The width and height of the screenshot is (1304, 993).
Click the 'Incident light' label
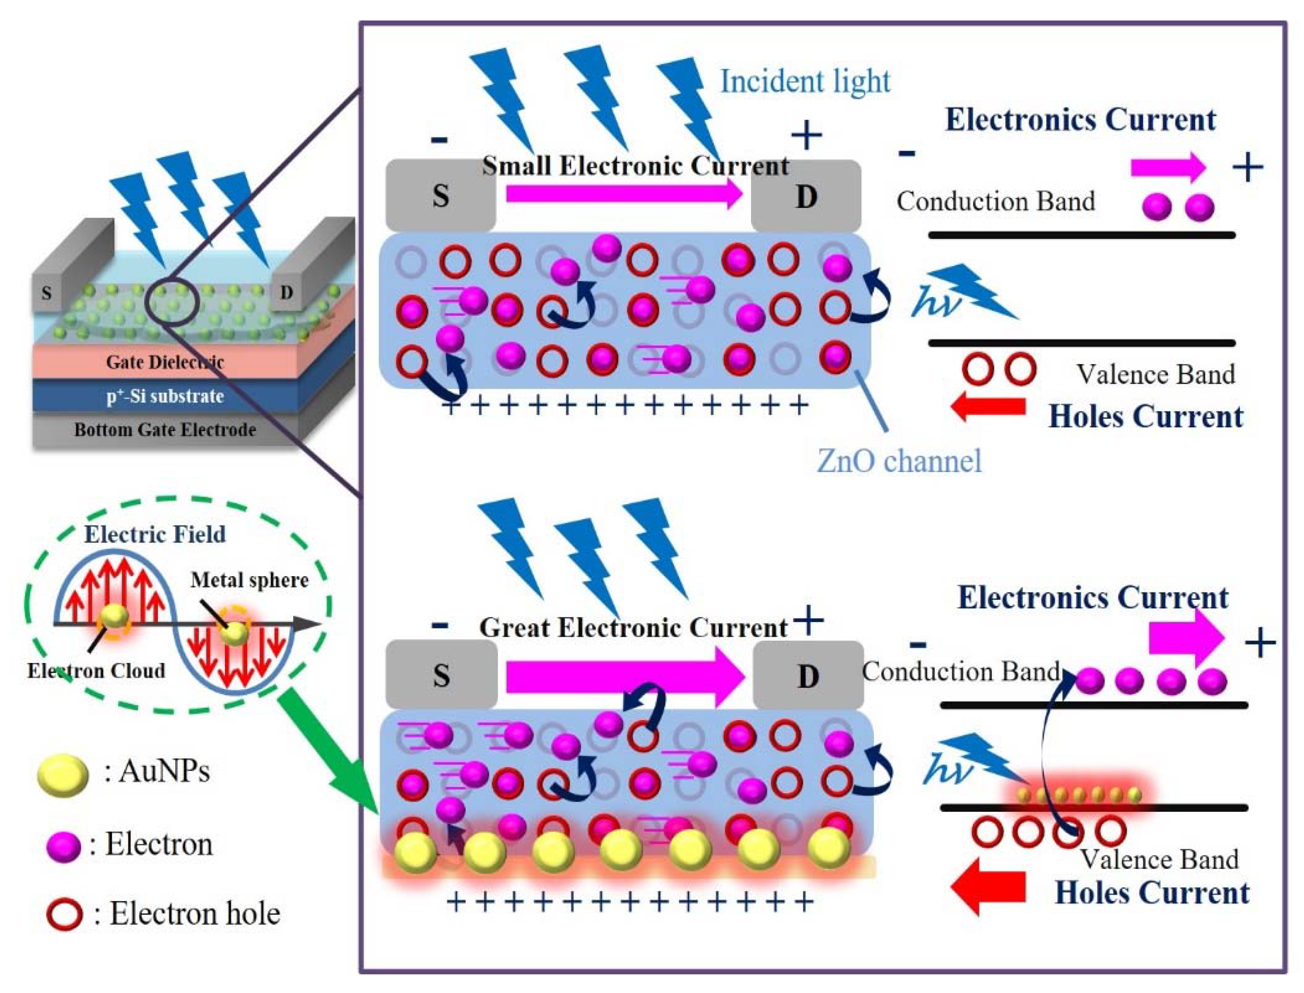[805, 81]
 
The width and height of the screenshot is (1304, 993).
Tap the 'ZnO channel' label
[898, 461]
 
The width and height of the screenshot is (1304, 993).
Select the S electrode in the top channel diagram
[441, 196]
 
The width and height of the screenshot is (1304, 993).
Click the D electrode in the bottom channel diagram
[807, 676]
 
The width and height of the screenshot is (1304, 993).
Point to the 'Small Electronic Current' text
[635, 166]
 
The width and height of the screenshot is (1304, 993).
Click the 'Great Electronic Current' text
[633, 628]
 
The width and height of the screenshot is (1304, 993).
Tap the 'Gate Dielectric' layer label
[164, 362]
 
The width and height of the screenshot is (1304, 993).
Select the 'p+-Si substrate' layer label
[164, 395]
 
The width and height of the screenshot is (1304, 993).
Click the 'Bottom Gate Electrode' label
[164, 430]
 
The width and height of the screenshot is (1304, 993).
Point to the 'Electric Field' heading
[155, 534]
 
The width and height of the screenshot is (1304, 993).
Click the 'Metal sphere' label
[249, 580]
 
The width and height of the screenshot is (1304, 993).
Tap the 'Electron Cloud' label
[96, 671]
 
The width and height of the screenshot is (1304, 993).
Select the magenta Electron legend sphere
[63, 846]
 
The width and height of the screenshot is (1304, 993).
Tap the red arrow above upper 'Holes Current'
[988, 407]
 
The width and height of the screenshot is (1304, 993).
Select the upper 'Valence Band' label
[1155, 375]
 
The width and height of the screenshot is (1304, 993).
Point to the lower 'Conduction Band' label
[960, 671]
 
